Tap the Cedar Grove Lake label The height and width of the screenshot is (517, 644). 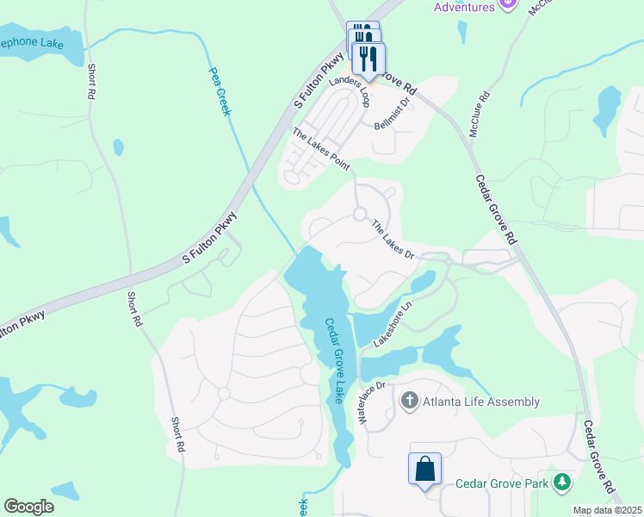(x=334, y=361)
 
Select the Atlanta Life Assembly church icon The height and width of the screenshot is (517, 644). (x=409, y=401)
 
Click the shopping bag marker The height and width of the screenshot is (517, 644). (x=425, y=470)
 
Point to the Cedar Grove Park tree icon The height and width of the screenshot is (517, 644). (x=563, y=483)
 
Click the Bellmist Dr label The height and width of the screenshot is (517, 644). (x=394, y=114)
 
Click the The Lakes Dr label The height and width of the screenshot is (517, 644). (x=393, y=240)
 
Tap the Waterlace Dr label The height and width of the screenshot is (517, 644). (x=375, y=404)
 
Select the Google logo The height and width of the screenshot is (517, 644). (x=28, y=507)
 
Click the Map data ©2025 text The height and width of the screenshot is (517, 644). (x=607, y=510)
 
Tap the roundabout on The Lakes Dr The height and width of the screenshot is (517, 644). (x=360, y=215)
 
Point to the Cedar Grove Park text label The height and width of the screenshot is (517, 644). (x=502, y=484)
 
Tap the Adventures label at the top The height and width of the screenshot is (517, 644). (x=464, y=7)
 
